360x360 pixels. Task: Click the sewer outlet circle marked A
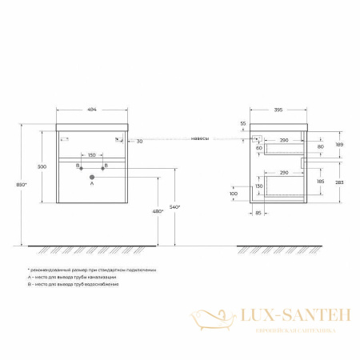(91, 174)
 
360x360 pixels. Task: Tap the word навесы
(201, 138)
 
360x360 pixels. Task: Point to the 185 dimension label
(321, 182)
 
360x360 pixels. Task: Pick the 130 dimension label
(258, 186)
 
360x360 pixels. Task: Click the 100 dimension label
(234, 194)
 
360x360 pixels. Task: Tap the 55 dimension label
(243, 123)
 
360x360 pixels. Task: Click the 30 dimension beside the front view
(139, 141)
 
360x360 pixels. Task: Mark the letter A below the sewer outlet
(91, 183)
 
